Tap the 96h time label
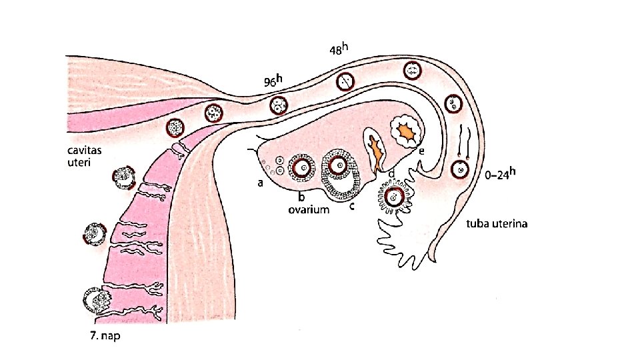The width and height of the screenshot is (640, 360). (273, 81)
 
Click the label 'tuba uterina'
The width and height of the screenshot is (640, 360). (496, 224)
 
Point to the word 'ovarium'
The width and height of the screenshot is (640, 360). (309, 210)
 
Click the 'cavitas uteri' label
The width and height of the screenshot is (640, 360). (83, 156)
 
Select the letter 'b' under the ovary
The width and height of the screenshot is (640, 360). (301, 197)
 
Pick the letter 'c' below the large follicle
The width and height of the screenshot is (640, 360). (351, 206)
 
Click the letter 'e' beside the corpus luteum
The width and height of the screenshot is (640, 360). (421, 151)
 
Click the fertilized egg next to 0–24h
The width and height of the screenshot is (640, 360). (459, 169)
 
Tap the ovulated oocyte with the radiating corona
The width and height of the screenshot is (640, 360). (395, 197)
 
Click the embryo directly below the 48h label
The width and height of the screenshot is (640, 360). (345, 81)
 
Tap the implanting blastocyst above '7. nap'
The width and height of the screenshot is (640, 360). (95, 300)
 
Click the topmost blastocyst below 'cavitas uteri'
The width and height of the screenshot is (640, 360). (123, 179)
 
